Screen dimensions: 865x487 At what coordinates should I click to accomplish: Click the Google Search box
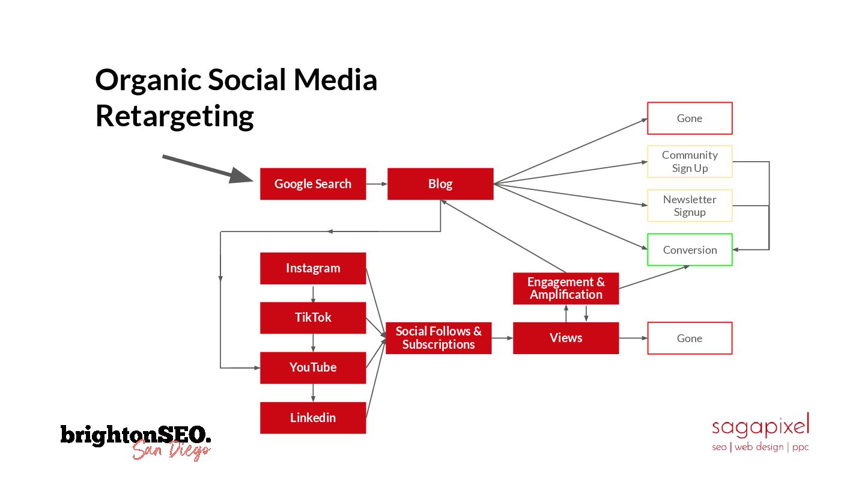point(312,184)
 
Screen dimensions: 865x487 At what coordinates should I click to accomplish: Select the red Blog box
point(440,184)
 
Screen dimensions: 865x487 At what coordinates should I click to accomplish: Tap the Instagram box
point(312,268)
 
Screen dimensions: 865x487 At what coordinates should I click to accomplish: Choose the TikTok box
point(312,317)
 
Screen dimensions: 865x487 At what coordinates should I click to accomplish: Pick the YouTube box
point(312,367)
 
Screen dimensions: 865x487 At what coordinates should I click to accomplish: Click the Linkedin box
point(312,417)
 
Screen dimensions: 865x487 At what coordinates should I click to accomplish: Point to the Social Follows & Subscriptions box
point(438,338)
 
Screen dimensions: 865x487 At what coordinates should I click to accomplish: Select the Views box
point(565,338)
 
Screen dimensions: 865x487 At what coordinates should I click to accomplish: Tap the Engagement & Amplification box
point(565,289)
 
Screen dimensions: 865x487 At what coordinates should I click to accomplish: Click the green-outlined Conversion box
point(689,250)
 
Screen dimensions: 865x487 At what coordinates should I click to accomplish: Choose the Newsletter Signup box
point(689,206)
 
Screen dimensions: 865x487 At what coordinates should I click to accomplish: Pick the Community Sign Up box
point(689,162)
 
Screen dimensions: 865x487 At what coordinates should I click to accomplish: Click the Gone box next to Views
point(689,338)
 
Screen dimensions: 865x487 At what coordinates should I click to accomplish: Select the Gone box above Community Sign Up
point(689,118)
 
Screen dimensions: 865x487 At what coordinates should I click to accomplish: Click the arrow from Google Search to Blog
point(377,184)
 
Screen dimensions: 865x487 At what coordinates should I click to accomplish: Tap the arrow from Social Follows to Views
point(502,338)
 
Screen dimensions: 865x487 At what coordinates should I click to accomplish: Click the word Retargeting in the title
point(174,115)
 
